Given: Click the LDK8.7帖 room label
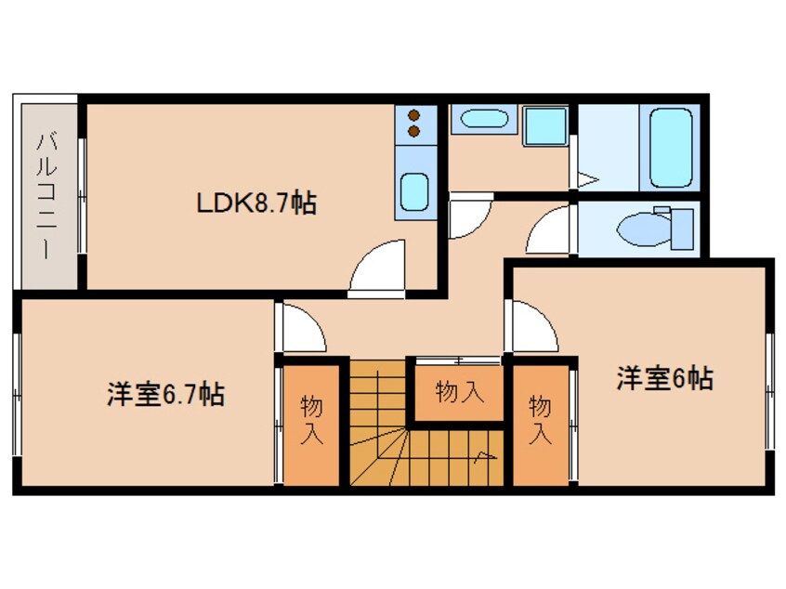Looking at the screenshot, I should [x=255, y=203].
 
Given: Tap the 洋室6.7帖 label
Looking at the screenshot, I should [x=164, y=395].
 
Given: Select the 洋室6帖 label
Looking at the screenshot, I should [x=665, y=378].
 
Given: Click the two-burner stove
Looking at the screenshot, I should [x=413, y=124].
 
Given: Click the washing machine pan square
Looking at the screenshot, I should [x=544, y=124].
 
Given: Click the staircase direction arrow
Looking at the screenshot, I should [x=483, y=455].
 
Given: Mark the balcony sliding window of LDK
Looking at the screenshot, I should [x=82, y=195].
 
